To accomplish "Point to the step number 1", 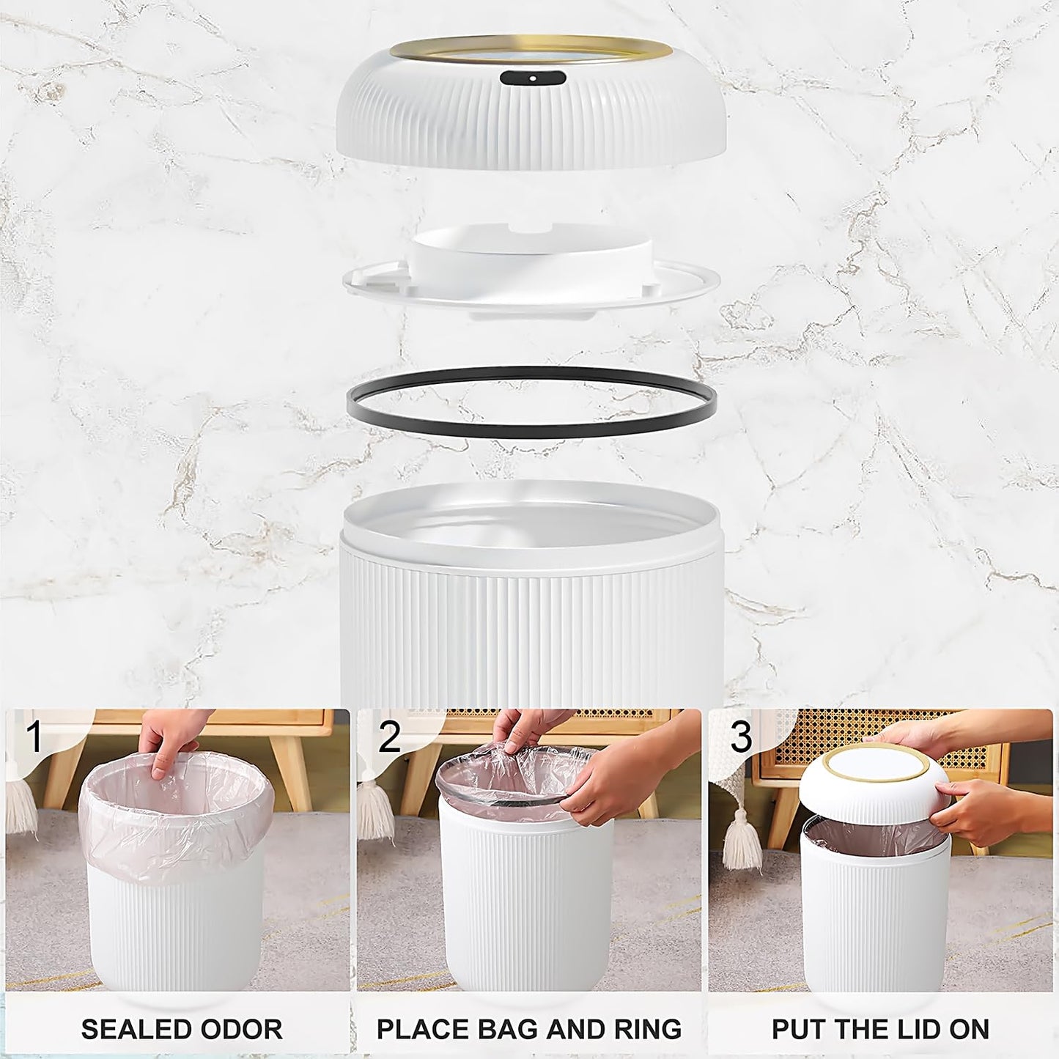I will point(34,737).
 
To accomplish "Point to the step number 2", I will point(389,737).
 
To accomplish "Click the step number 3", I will point(741,737).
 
